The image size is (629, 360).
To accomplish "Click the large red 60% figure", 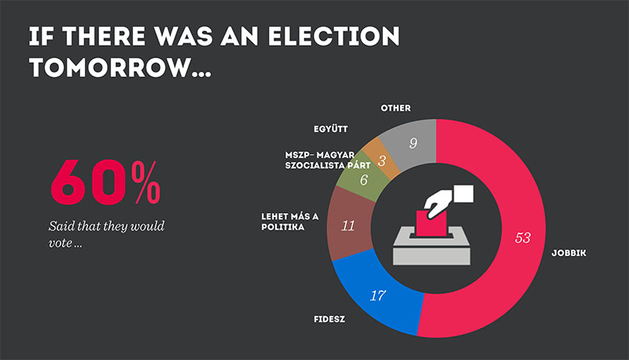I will [105, 184].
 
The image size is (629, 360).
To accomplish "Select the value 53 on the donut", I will [522, 237].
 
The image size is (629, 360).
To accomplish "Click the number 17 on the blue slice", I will [377, 296].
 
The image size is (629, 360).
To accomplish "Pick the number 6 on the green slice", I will [363, 180].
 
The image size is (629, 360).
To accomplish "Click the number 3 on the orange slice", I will [383, 160].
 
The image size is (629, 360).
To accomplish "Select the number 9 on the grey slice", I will [414, 143].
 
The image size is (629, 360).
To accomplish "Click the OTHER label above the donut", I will [395, 108].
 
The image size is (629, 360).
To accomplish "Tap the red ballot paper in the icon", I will [425, 222].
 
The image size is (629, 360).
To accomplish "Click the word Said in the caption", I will [61, 227].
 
